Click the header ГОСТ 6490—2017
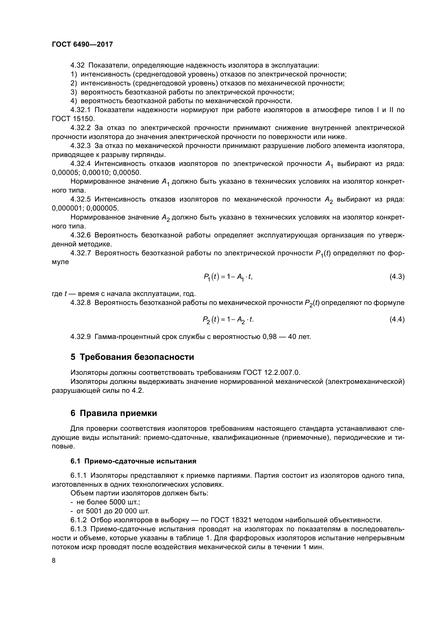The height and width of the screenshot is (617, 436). coord(82,44)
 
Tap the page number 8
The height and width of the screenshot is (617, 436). coord(54,561)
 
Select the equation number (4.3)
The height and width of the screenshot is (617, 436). coord(397,276)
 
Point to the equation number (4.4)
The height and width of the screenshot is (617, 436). coord(397,319)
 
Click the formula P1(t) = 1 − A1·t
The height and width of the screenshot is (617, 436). coord(228,277)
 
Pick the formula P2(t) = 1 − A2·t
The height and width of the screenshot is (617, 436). coord(228,320)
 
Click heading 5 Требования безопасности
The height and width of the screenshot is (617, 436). coord(132,357)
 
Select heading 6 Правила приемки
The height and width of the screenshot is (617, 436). coord(114,413)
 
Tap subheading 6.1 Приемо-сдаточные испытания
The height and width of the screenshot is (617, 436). coord(133,461)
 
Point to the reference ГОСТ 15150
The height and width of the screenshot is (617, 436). coord(72,119)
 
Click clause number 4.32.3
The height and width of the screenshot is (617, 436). coord(81,146)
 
